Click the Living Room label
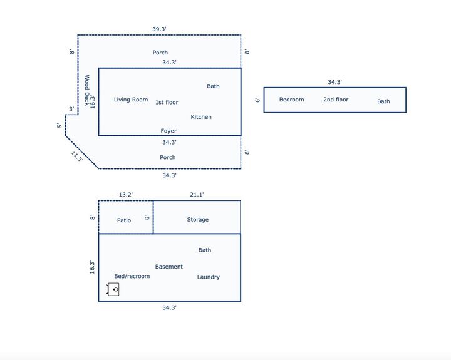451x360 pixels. pos(131,100)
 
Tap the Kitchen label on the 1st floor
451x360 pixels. pos(201,117)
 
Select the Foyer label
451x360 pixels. pos(168,131)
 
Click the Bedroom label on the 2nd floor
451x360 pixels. pos(291,100)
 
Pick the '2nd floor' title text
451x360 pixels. pos(336,100)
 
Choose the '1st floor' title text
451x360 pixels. pos(167,102)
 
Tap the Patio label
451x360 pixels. pos(124,220)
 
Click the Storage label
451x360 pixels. pos(198,220)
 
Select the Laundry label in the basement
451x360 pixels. pos(209,277)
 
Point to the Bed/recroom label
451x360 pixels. pos(132,276)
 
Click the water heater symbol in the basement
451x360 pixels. pos(113,289)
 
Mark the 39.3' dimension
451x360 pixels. pos(160,29)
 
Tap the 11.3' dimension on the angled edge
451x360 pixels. pos(77,156)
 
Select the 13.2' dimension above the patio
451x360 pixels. pos(126,195)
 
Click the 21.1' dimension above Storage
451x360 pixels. pos(197,195)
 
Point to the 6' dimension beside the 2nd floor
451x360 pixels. pos(257,100)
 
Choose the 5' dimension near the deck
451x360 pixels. pos(60,125)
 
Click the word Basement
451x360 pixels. pos(169,267)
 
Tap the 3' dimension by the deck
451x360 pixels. pos(71,109)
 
